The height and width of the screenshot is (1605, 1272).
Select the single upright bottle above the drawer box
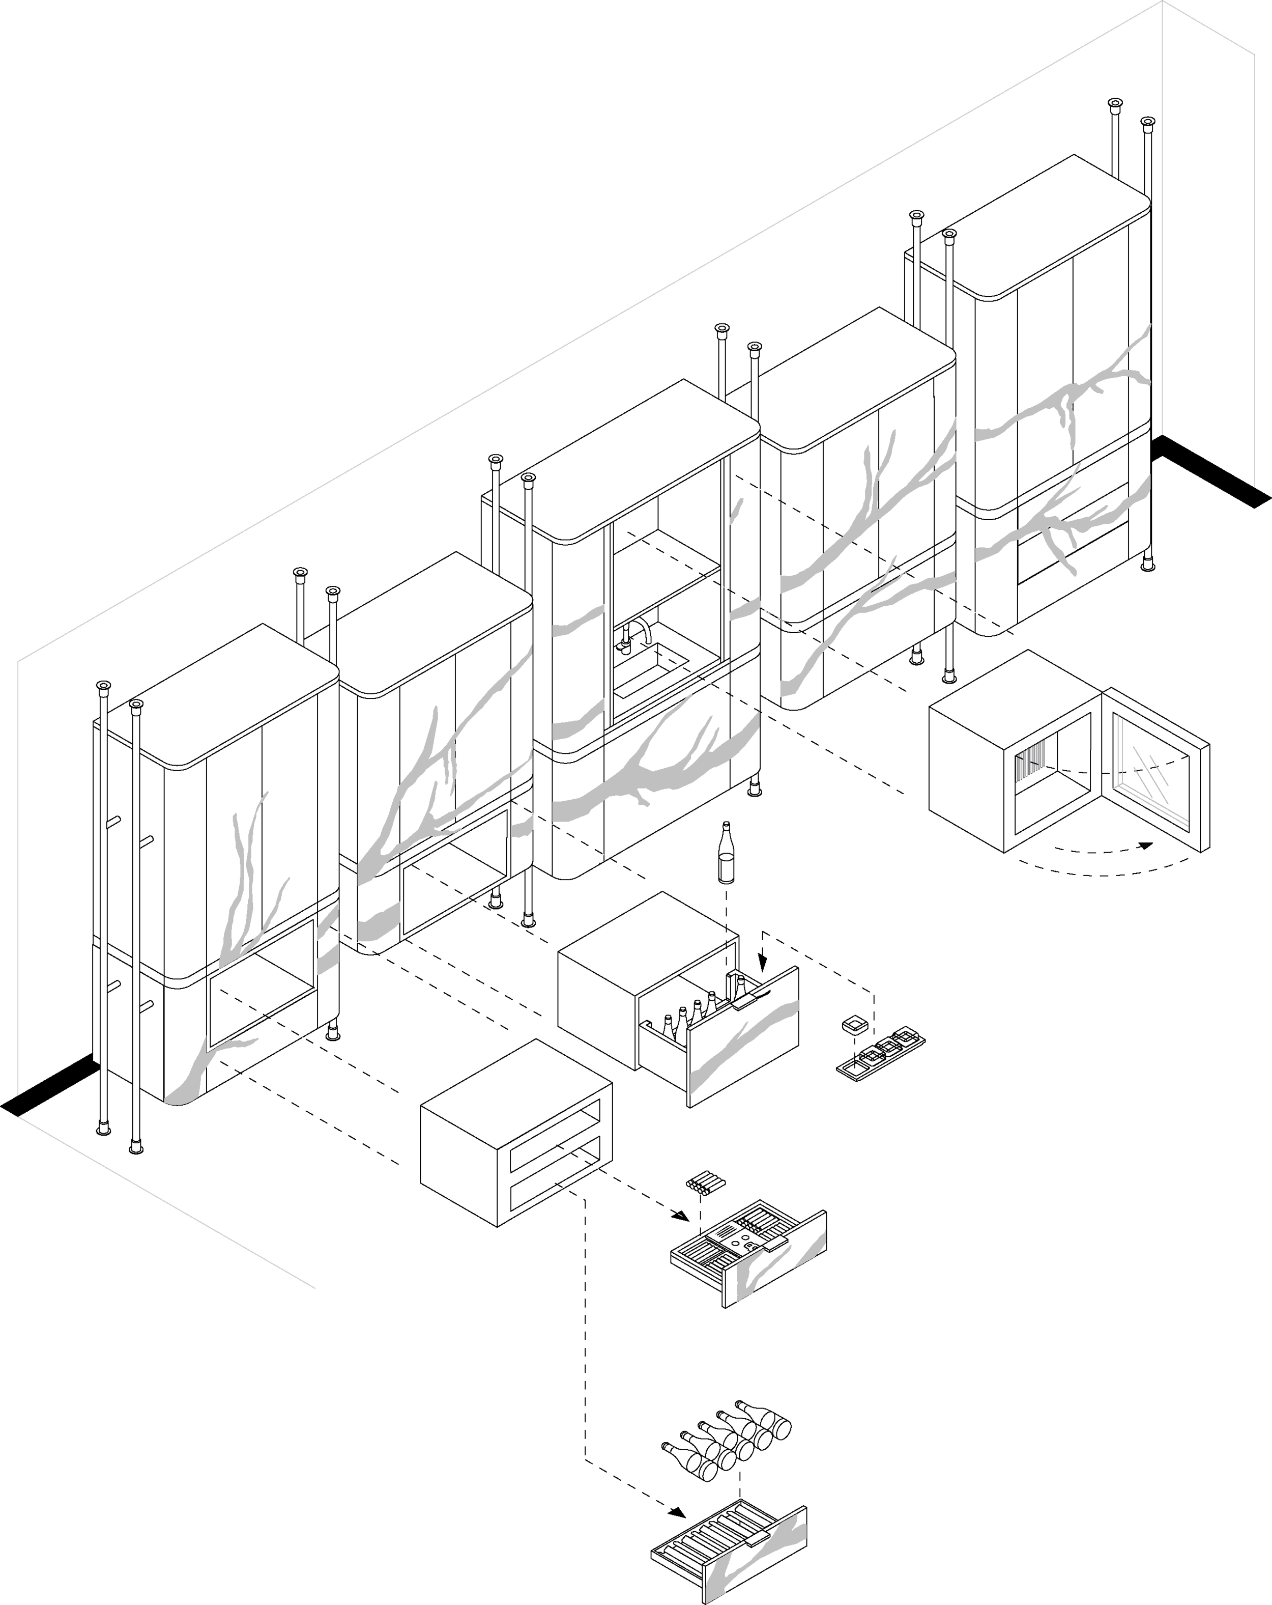(726, 853)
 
